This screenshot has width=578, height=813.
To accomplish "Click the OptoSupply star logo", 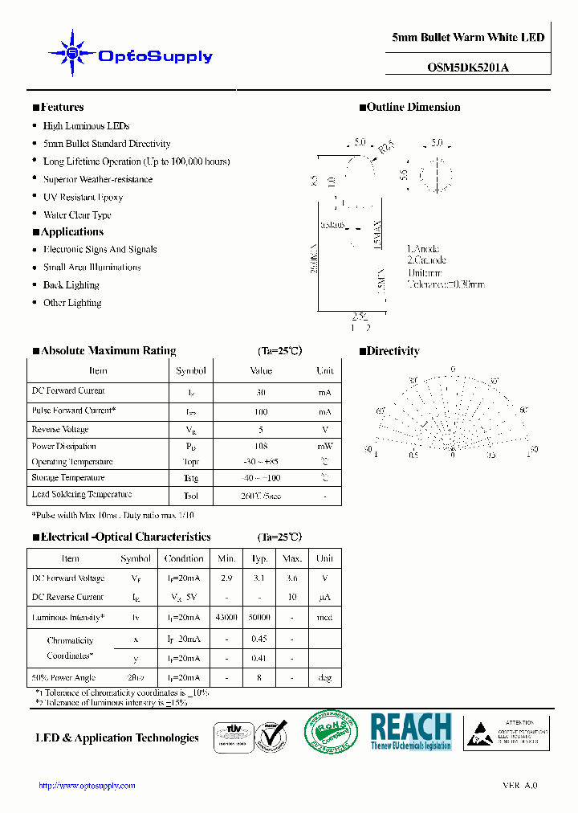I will (71, 54).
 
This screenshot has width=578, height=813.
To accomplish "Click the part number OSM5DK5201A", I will (468, 67).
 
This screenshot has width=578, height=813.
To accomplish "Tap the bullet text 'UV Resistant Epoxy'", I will (83, 197).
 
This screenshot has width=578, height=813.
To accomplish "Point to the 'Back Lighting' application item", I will (71, 285).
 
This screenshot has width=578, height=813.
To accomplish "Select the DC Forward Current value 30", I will (261, 394).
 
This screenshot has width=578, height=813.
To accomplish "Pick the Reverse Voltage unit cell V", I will (325, 430).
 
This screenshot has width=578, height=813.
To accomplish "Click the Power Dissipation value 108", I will (261, 446).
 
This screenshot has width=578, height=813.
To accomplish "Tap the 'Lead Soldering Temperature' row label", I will (81, 495).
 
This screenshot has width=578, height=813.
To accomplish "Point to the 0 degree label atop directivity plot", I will (453, 370).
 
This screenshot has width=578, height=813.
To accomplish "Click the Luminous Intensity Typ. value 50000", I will (260, 618).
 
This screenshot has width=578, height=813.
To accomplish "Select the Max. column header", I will (292, 558).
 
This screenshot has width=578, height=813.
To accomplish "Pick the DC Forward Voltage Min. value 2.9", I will (226, 578).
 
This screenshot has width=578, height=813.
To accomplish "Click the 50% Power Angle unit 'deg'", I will (324, 678).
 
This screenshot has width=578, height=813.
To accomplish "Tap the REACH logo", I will (411, 731).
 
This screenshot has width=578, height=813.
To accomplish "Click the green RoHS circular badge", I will (330, 733).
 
